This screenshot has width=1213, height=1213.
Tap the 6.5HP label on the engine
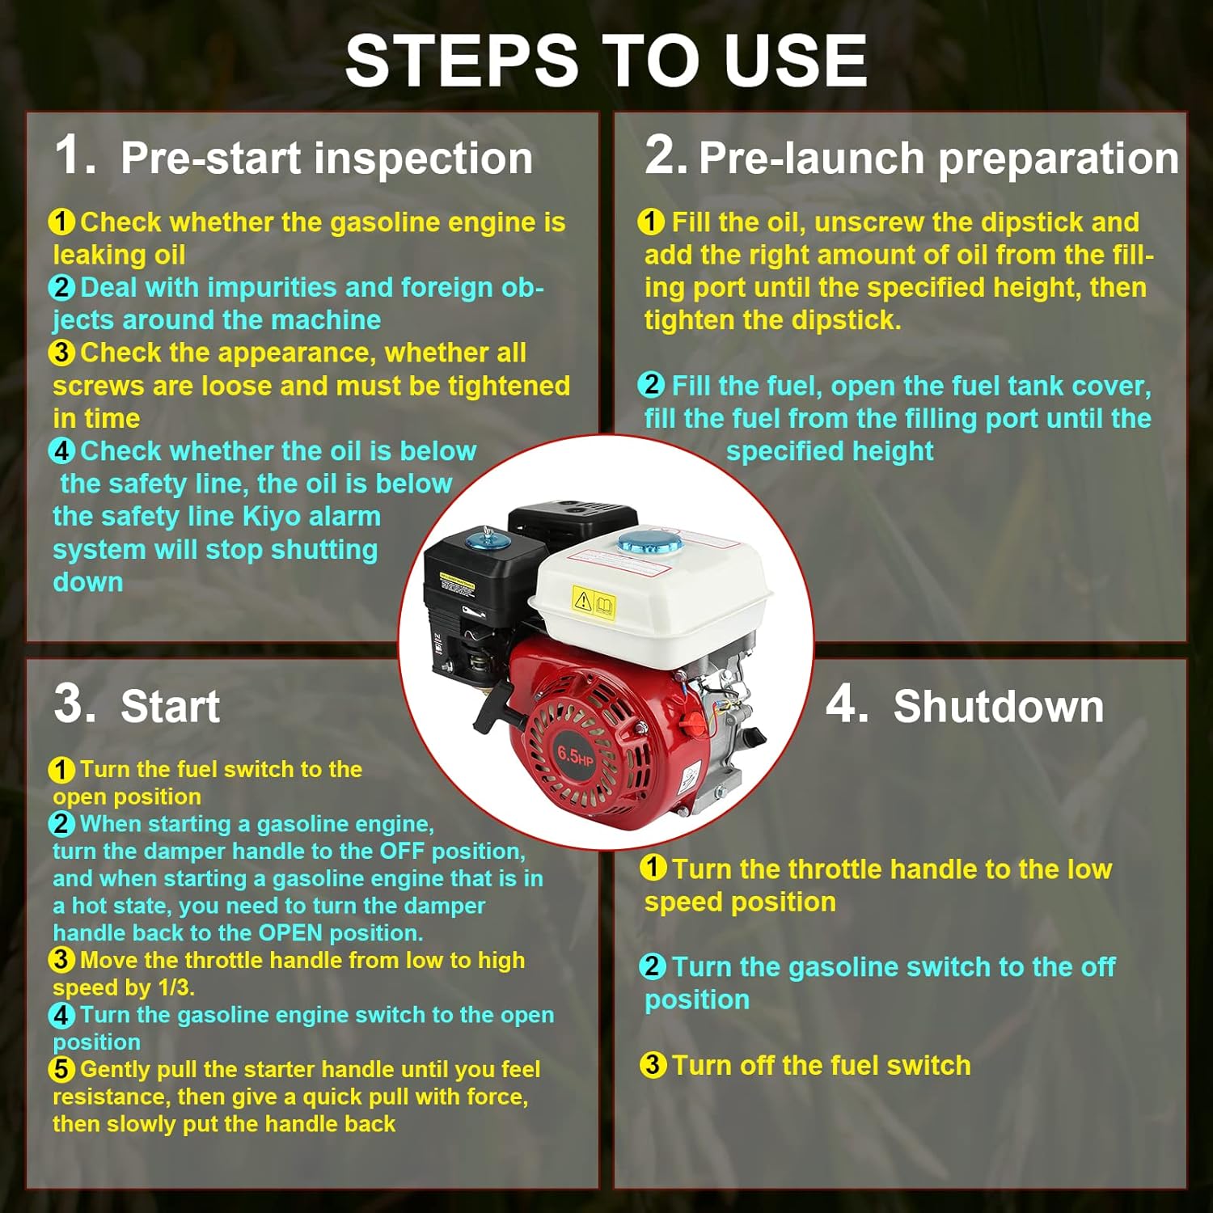(x=575, y=756)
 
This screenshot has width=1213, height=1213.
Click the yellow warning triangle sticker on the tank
(x=582, y=599)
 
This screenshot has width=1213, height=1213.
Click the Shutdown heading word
(x=999, y=706)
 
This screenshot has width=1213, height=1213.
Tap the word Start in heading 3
(x=170, y=706)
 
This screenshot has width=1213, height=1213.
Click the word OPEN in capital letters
(x=291, y=932)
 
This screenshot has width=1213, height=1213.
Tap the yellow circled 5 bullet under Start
(x=61, y=1069)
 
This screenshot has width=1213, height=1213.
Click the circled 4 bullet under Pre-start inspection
(x=61, y=450)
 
